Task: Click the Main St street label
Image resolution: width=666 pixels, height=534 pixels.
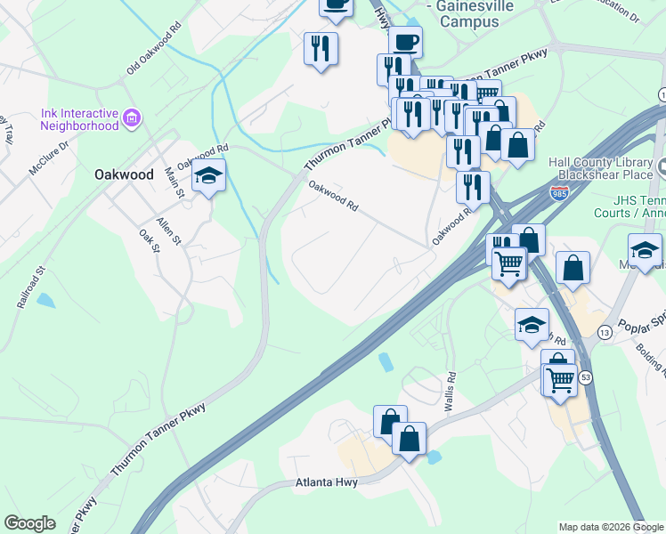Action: [x=173, y=181]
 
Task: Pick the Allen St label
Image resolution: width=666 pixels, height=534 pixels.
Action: [x=168, y=229]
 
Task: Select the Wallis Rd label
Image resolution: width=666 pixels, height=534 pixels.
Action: [x=451, y=391]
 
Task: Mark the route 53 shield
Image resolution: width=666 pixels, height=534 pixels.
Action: [x=586, y=378]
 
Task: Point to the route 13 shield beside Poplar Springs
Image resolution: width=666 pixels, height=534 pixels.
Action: [x=605, y=332]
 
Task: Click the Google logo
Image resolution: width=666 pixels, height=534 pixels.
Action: [x=29, y=523]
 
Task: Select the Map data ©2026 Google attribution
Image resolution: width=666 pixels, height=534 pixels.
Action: [x=611, y=527]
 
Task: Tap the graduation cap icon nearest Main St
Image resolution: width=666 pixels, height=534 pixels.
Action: [x=208, y=176]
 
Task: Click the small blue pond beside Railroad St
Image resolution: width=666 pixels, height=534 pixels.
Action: [x=45, y=301]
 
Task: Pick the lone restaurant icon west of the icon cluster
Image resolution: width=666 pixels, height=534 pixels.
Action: [x=321, y=49]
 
